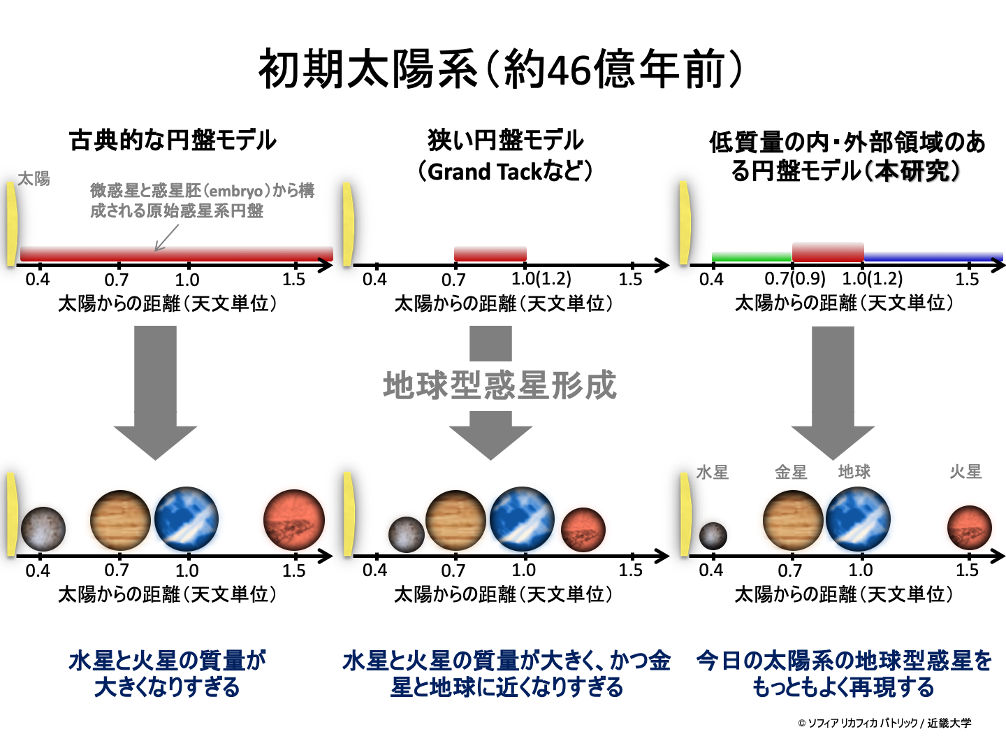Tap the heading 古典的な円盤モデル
pyautogui.click(x=173, y=141)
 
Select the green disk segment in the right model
pyautogui.click(x=751, y=257)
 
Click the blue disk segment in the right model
pyautogui.click(x=933, y=257)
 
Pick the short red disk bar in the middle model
pyautogui.click(x=490, y=254)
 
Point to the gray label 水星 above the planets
pyautogui.click(x=712, y=473)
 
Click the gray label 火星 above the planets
pyautogui.click(x=965, y=472)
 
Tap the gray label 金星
pyautogui.click(x=791, y=473)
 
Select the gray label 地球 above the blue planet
pyautogui.click(x=854, y=472)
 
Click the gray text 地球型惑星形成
pyautogui.click(x=500, y=385)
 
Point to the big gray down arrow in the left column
pyautogui.click(x=155, y=391)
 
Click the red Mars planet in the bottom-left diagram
pyautogui.click(x=294, y=520)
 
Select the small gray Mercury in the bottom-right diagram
pyautogui.click(x=713, y=536)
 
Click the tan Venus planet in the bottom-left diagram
pyautogui.click(x=120, y=520)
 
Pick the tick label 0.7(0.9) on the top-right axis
pyautogui.click(x=795, y=279)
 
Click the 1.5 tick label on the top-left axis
pyautogui.click(x=294, y=280)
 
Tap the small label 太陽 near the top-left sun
pyautogui.click(x=34, y=179)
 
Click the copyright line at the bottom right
pyautogui.click(x=884, y=723)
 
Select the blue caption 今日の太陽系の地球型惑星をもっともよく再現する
pyautogui.click(x=844, y=674)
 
